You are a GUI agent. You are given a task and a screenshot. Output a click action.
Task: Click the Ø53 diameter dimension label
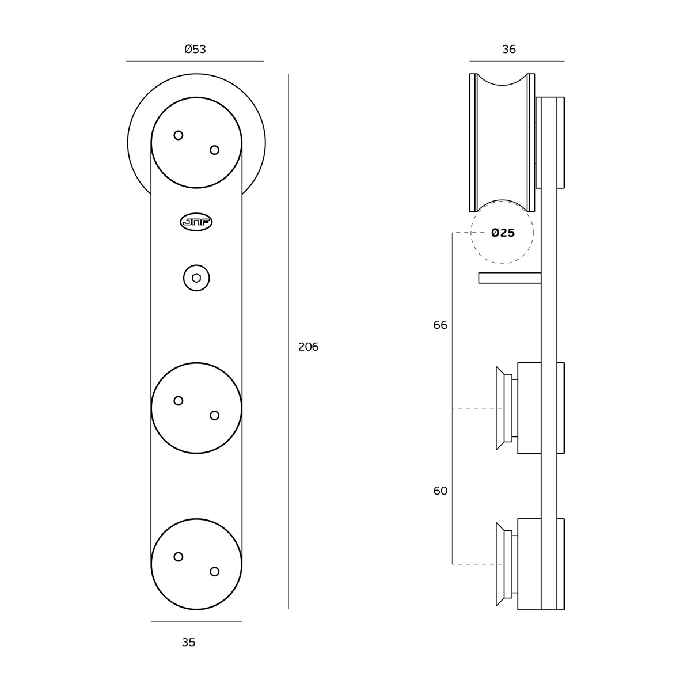point(195,49)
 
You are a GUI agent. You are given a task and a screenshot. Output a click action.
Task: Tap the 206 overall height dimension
point(308,347)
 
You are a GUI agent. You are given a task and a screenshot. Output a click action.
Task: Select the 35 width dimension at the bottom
point(189,642)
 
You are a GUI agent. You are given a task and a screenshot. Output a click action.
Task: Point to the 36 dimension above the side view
point(509,49)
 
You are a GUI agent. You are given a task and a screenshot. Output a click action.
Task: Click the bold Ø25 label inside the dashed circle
point(503,233)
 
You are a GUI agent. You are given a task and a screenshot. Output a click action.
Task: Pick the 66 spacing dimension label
point(441,325)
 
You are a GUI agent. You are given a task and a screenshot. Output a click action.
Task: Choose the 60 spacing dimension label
point(441,491)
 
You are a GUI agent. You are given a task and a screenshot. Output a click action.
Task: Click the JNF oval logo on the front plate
point(196,222)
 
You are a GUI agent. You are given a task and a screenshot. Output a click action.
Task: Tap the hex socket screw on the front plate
point(196,278)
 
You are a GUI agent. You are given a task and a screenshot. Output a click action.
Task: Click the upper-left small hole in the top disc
point(178,135)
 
